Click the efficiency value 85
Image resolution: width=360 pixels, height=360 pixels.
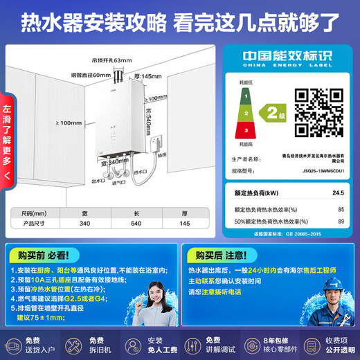pos(341,208)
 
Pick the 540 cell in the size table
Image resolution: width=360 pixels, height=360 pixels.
pos(134,224)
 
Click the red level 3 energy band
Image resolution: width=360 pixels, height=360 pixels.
pos(244,129)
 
